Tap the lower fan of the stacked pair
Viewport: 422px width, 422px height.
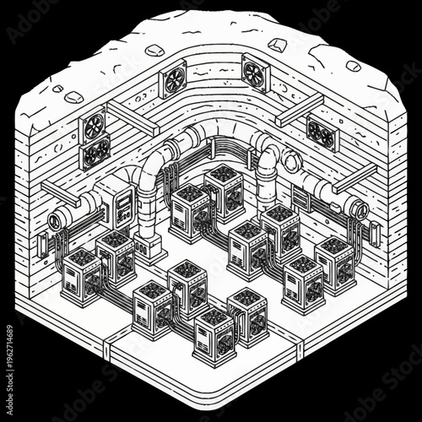[x=96, y=153]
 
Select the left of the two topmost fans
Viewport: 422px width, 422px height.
[x=174, y=81]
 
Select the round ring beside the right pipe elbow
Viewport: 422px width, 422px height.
[x=293, y=160]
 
